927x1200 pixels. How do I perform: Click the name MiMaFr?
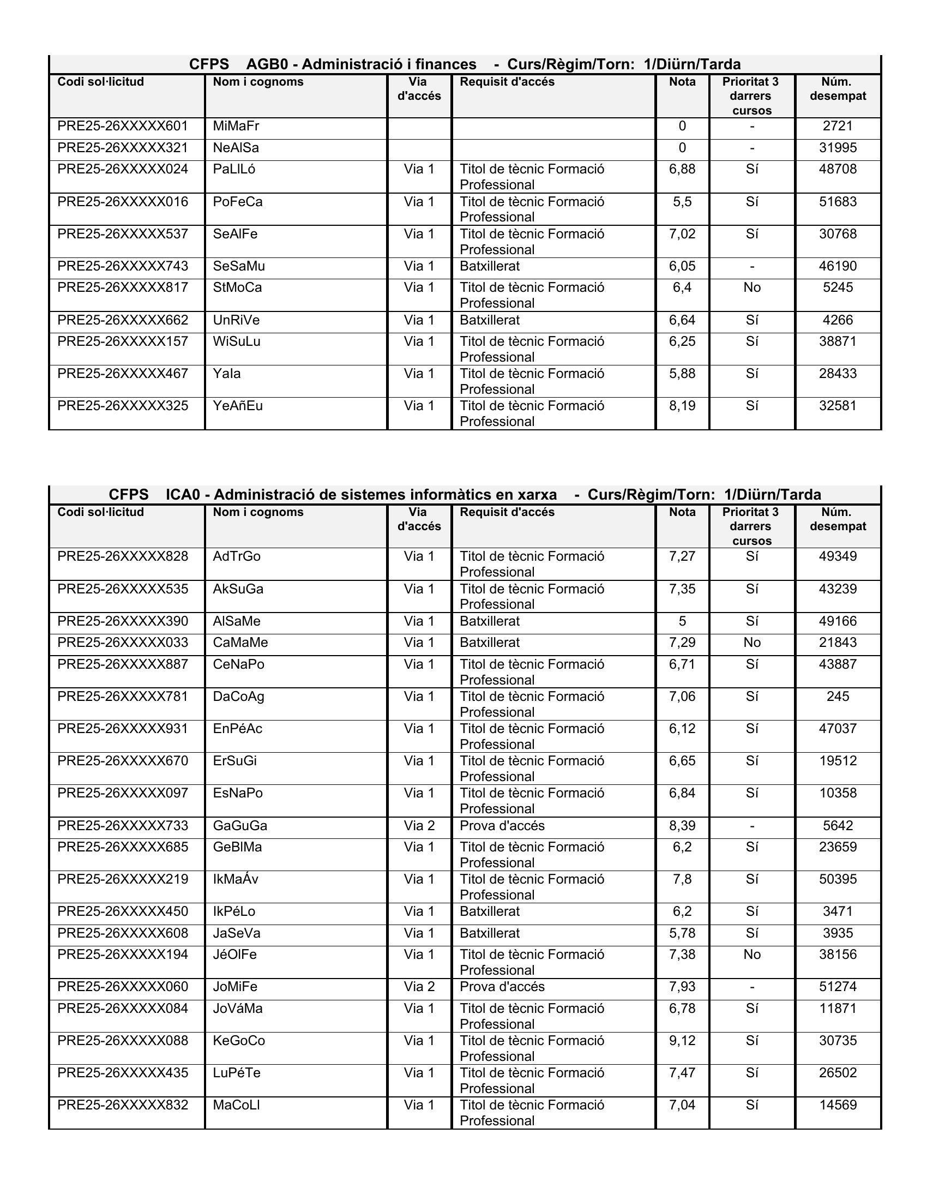(236, 127)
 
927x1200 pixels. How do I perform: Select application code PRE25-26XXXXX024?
(123, 169)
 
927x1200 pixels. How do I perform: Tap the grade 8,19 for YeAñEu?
(682, 406)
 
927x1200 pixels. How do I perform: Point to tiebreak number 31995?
(838, 148)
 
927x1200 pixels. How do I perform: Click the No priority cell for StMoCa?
(751, 287)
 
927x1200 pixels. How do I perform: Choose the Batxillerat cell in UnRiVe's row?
(489, 320)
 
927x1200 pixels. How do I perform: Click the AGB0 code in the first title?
(267, 64)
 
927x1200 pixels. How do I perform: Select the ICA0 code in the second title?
(183, 495)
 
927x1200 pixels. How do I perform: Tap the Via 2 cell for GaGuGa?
(419, 826)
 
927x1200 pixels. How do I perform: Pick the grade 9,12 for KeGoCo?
(682, 1041)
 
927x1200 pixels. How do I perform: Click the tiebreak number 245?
(838, 697)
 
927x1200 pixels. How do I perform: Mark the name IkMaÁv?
(235, 879)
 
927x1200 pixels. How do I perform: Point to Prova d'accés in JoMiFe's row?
(502, 987)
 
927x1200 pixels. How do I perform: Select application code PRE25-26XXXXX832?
(123, 1105)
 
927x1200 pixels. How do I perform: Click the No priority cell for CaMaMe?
(751, 643)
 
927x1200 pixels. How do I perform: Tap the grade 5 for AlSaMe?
(682, 621)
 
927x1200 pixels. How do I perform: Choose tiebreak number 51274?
(838, 987)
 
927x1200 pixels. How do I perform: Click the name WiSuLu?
(237, 342)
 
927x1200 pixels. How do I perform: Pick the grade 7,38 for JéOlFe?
(682, 955)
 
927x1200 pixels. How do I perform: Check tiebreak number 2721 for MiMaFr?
(838, 127)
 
